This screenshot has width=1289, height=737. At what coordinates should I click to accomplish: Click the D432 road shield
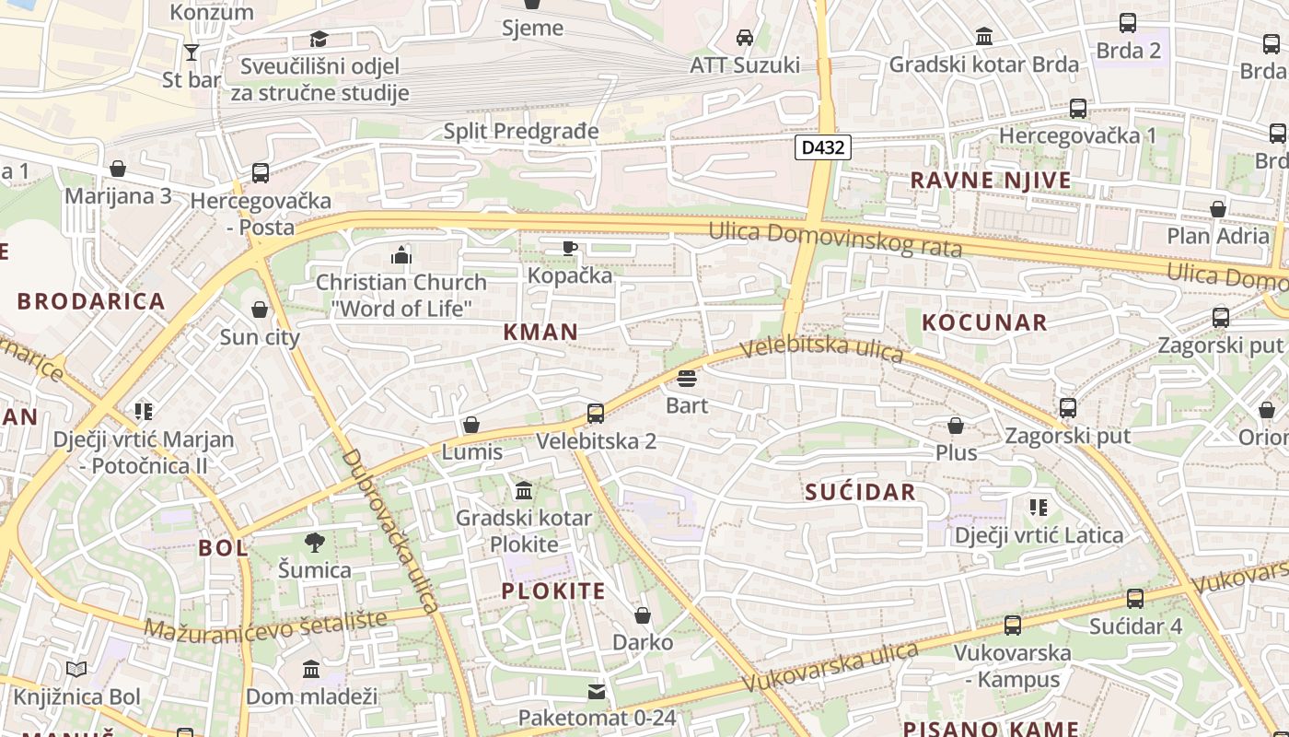click(822, 147)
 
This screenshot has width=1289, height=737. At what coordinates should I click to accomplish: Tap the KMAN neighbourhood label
click(541, 332)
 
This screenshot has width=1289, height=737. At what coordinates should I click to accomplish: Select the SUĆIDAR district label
click(861, 492)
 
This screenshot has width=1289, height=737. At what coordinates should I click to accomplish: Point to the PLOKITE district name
click(553, 591)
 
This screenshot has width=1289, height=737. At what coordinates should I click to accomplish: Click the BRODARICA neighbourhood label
click(91, 301)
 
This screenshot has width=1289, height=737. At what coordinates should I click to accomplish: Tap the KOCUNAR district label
click(984, 322)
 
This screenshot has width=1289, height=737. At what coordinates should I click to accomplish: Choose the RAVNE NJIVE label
click(991, 180)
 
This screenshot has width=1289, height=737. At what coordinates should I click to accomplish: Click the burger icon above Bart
click(686, 379)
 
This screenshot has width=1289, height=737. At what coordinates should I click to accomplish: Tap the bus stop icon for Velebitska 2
click(596, 414)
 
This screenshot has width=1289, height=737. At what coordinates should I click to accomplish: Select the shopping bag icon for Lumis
click(471, 425)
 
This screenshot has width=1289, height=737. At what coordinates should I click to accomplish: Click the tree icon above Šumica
click(315, 543)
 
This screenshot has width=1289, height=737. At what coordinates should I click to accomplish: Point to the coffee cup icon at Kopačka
click(570, 248)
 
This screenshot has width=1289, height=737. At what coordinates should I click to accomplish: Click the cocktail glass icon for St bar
click(192, 53)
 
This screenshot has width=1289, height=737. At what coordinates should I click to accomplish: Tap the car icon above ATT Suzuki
click(745, 38)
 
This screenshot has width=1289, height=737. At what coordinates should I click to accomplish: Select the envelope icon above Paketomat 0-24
click(597, 691)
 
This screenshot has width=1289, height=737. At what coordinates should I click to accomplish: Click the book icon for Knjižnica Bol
click(77, 670)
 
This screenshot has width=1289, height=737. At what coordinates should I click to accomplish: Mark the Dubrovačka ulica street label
click(388, 532)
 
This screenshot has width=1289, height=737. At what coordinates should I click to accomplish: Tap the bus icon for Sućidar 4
click(1135, 599)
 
